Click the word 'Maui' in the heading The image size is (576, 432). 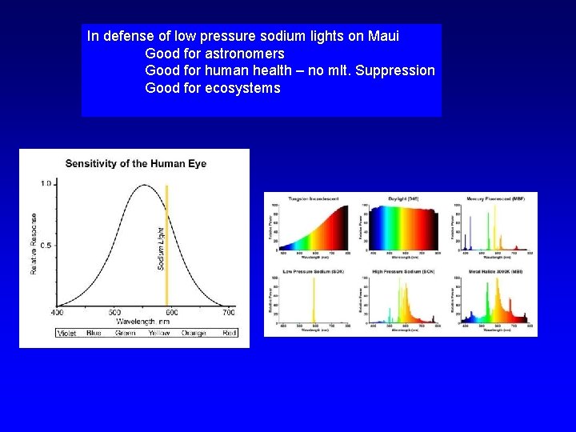tap(383, 36)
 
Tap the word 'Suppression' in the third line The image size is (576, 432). tap(395, 71)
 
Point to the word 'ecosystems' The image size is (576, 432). tap(242, 89)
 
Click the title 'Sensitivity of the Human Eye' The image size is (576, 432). tap(135, 163)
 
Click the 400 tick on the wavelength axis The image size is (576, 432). tap(58, 312)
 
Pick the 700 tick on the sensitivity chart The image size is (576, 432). tap(228, 312)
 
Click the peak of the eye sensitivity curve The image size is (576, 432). tap(145, 186)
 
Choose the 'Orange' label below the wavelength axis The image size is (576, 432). tap(194, 333)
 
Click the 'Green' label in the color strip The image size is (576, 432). tap(125, 333)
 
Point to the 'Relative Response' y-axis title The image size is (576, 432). tap(34, 243)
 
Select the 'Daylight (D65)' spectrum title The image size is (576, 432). tap(401, 198)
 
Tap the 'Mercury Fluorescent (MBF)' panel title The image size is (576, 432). tap(496, 198)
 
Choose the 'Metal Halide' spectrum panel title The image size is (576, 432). tap(496, 272)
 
